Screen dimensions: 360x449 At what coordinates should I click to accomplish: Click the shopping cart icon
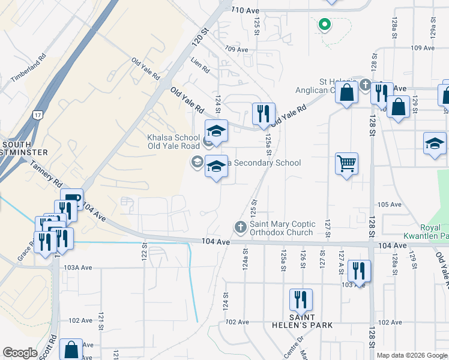pos(346,163)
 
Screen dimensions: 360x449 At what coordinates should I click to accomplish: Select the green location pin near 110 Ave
pos(324,25)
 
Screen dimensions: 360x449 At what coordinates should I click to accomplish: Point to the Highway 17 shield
pos(38,114)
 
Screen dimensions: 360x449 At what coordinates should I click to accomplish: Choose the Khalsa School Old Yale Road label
pos(173,142)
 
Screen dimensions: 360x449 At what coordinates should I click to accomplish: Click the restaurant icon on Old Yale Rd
pos(263,113)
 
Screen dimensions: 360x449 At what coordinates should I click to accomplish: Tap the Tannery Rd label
pos(46,174)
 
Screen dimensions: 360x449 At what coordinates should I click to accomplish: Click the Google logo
pos(20,353)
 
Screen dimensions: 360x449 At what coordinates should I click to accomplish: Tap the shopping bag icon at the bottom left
pos(71,349)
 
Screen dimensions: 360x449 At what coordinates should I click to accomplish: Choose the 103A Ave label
pos(78,267)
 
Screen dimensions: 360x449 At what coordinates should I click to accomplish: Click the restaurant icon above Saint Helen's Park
pos(301,299)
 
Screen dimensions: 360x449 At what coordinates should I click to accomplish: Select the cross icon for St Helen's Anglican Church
pos(366,84)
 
